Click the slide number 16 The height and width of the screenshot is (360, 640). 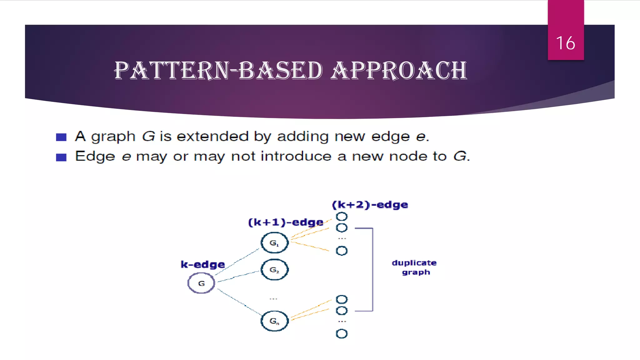point(565,43)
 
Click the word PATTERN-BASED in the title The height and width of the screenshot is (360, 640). point(218,70)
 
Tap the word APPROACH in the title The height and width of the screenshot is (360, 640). point(399,70)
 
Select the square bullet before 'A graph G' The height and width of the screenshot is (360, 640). point(61,137)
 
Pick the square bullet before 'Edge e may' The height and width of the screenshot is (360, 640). point(61,157)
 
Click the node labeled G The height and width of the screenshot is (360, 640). point(201,283)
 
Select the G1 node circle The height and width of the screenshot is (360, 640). point(274,243)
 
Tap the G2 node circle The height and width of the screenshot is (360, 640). point(274,269)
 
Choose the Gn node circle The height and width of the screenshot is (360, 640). point(274,321)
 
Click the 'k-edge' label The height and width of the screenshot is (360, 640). point(203,265)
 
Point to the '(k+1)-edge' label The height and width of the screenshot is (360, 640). point(286,222)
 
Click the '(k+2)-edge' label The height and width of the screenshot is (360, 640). point(370,205)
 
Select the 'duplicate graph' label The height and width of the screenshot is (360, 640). point(414,267)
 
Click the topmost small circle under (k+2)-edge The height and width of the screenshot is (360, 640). point(342,217)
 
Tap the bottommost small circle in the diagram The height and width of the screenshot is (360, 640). point(342,334)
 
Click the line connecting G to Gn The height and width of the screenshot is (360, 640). point(239,302)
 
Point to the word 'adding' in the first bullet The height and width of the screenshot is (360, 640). point(303,137)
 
